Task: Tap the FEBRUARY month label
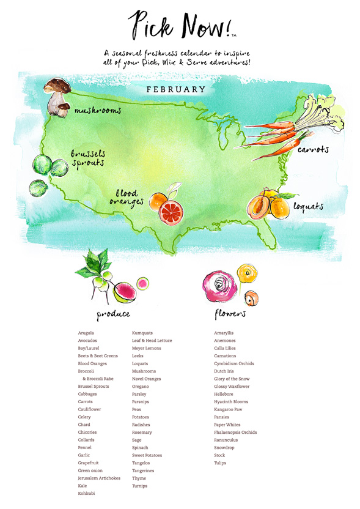pyautogui.click(x=176, y=89)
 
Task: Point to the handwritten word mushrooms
pyautogui.click(x=98, y=111)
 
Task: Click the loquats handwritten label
pyautogui.click(x=307, y=207)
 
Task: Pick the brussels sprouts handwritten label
pyautogui.click(x=87, y=158)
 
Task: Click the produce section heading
pyautogui.click(x=114, y=314)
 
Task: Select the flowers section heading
pyautogui.click(x=230, y=314)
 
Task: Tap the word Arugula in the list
pyautogui.click(x=86, y=333)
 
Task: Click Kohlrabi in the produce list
pyautogui.click(x=87, y=493)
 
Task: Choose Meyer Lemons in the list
pyautogui.click(x=147, y=348)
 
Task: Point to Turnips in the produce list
pyautogui.click(x=139, y=486)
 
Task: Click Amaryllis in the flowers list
pyautogui.click(x=224, y=333)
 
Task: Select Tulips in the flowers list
pyautogui.click(x=220, y=463)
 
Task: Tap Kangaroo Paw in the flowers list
pyautogui.click(x=228, y=409)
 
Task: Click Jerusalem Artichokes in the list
pyautogui.click(x=99, y=478)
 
